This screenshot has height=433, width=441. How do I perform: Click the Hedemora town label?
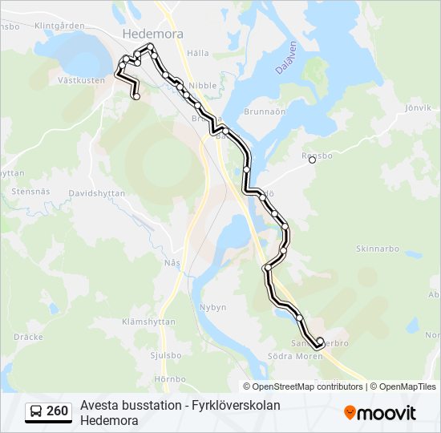tap(153, 34)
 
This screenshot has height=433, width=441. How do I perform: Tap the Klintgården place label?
tap(60, 26)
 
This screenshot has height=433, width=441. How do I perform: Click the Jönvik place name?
tap(419, 107)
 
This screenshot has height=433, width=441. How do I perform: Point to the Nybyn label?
tap(212, 307)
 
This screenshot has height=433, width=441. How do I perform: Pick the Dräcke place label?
tap(29, 337)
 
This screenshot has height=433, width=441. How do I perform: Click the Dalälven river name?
tap(285, 58)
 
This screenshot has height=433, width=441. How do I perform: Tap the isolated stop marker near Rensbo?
tap(313, 160)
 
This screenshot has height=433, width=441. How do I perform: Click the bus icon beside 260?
tap(36, 412)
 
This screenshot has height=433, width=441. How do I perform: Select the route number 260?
tap(57, 412)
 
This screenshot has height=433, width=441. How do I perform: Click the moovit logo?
tap(380, 413)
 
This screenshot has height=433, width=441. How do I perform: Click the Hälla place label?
tap(197, 53)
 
